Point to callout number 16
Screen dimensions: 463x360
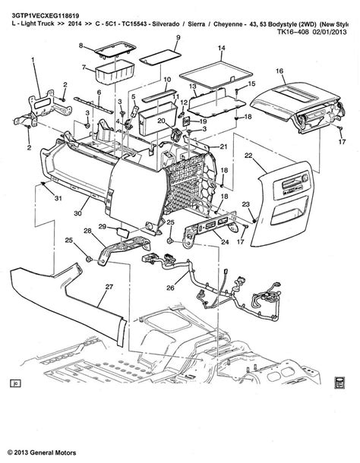click(x=279, y=71)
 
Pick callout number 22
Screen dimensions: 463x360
click(x=248, y=155)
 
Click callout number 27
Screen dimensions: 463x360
click(x=108, y=286)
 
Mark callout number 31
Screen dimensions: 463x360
click(x=36, y=198)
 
